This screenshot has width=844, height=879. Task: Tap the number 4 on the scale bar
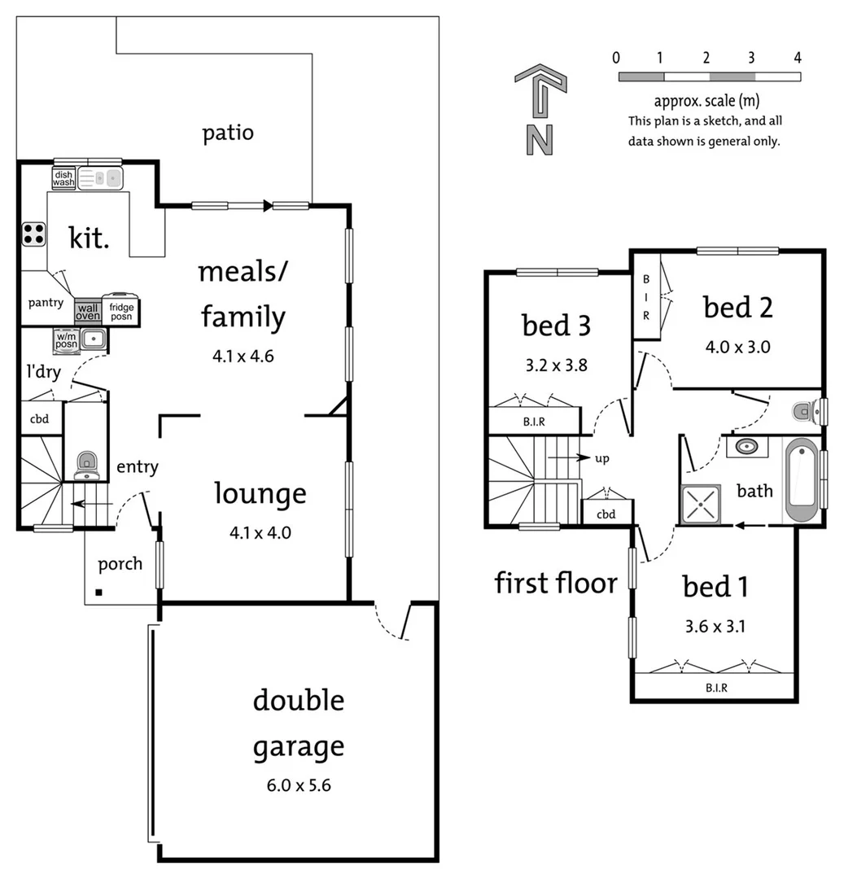coord(797,57)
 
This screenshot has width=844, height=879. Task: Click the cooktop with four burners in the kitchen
coord(33,234)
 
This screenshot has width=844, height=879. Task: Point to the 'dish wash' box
coord(63,178)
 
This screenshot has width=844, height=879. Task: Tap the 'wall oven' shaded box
coord(87,310)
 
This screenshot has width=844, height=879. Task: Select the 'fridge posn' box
coord(120,310)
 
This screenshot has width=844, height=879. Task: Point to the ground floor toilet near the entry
coord(86,465)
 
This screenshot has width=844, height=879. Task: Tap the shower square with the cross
coord(700,505)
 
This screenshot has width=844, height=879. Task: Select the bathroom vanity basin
coord(746,446)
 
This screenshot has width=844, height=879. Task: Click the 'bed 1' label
coord(715,586)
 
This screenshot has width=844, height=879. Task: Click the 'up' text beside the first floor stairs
coord(602,458)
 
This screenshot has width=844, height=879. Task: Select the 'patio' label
coord(228,133)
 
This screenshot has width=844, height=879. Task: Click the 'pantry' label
coord(46,303)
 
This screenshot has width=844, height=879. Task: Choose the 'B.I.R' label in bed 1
coord(716,688)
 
